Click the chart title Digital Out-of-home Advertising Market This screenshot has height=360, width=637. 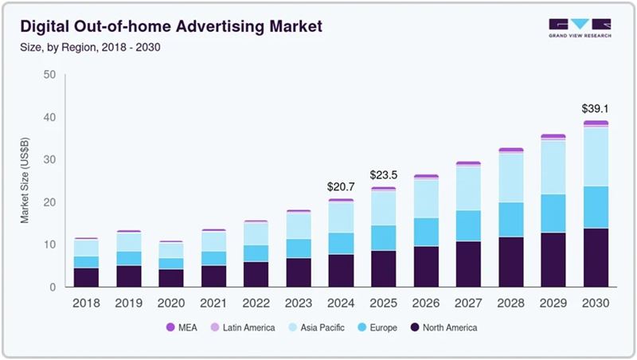pos(170,27)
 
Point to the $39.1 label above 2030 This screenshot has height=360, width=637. pos(595,109)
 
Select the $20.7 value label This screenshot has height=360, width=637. pos(341,186)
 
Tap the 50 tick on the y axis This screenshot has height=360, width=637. pos(49,75)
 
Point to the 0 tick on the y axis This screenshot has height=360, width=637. pos(53,288)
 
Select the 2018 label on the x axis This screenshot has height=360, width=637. pos(86,303)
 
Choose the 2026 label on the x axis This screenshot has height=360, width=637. pos(425,303)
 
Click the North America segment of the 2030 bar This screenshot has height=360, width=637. pos(595,257)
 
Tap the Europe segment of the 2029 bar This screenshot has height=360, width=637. pos(553,213)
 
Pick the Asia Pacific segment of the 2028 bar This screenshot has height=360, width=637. pos(510,178)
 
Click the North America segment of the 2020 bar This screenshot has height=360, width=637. pos(171,278)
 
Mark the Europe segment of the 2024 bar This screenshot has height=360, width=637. pos(341,244)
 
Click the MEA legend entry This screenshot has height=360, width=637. pos(182,327)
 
